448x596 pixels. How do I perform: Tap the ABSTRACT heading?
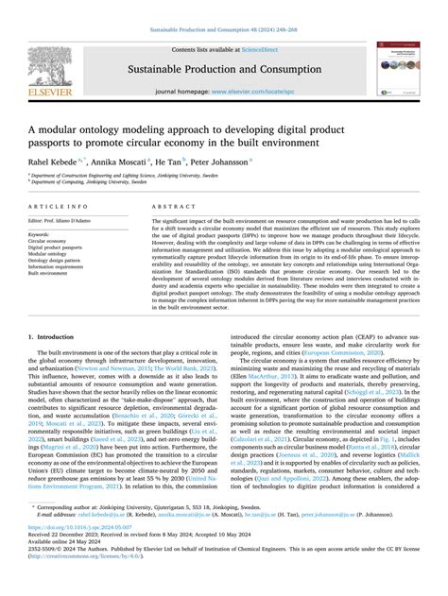click(172, 204)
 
